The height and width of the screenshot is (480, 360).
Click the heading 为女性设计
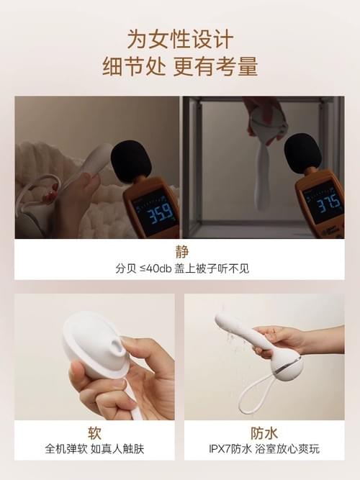[x=180, y=39]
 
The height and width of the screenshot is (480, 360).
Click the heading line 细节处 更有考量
[x=180, y=65]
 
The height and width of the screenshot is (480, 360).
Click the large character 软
[x=94, y=433]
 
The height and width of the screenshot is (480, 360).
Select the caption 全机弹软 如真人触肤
[x=94, y=449]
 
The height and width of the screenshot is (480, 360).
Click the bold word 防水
[x=264, y=433]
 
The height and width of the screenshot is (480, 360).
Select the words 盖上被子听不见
[x=212, y=268]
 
